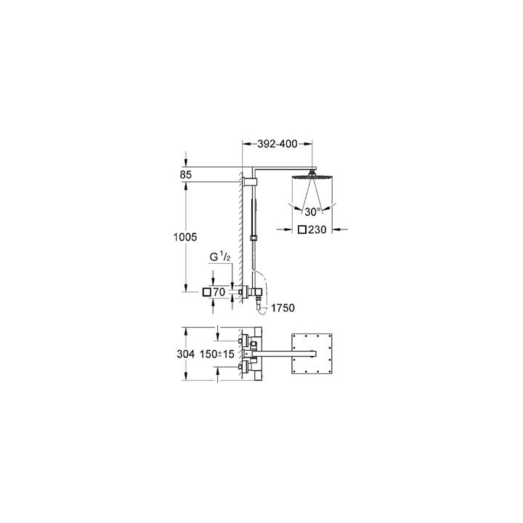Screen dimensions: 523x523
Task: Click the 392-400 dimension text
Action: (277, 144)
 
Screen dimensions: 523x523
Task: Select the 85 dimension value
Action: (186, 174)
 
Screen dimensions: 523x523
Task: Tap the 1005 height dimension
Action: (186, 238)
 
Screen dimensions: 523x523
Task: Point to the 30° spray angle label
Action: (312, 212)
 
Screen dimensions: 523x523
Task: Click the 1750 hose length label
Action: (283, 309)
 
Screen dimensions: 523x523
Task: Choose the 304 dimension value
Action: (186, 355)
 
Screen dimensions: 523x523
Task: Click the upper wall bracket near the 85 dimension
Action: (251, 179)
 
